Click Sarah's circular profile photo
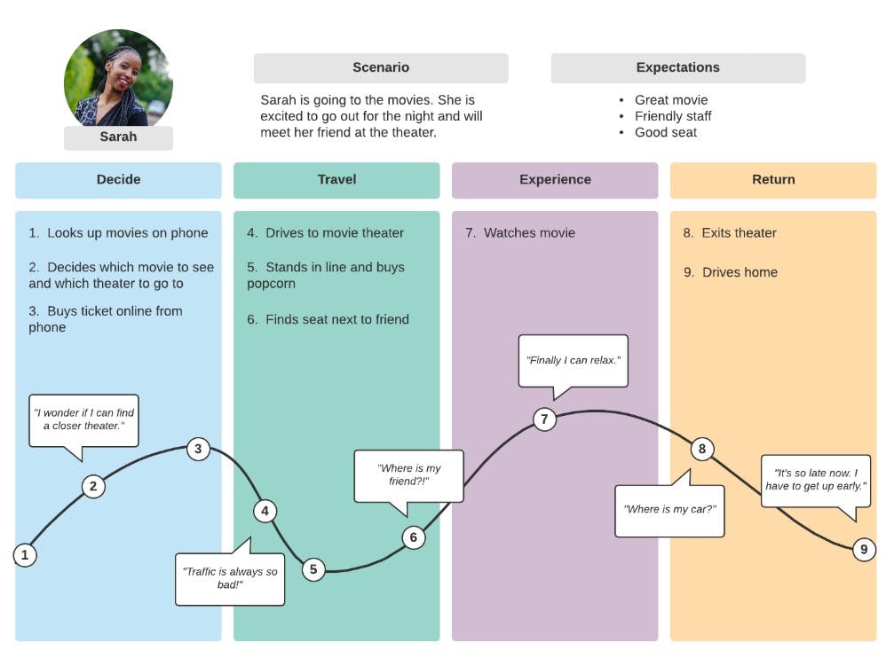click(x=118, y=80)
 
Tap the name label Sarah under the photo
click(x=118, y=137)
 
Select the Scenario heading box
click(x=381, y=67)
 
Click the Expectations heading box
click(x=677, y=67)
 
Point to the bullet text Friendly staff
click(x=672, y=116)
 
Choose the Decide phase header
click(x=118, y=180)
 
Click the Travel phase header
click(x=336, y=180)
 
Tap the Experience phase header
click(x=555, y=180)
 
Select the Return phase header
click(x=773, y=180)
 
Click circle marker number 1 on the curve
click(x=25, y=555)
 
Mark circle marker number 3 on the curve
click(x=198, y=449)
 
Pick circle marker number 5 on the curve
click(x=313, y=569)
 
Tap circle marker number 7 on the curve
click(x=544, y=419)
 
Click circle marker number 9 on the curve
click(x=864, y=550)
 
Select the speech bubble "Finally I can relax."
click(x=573, y=360)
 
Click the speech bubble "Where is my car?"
click(x=669, y=510)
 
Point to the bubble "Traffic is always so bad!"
click(x=230, y=578)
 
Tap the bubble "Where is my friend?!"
click(x=408, y=475)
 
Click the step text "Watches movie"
click(x=528, y=233)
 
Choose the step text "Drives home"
click(x=739, y=272)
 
